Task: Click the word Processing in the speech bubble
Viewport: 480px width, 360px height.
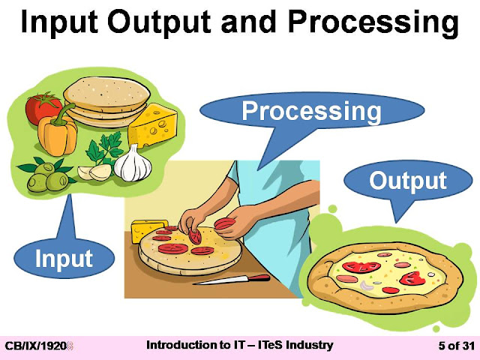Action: click(311, 112)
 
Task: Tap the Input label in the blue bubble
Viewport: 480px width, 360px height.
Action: click(64, 259)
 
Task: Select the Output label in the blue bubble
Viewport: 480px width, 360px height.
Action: click(407, 181)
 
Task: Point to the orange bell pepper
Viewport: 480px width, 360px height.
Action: click(59, 136)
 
